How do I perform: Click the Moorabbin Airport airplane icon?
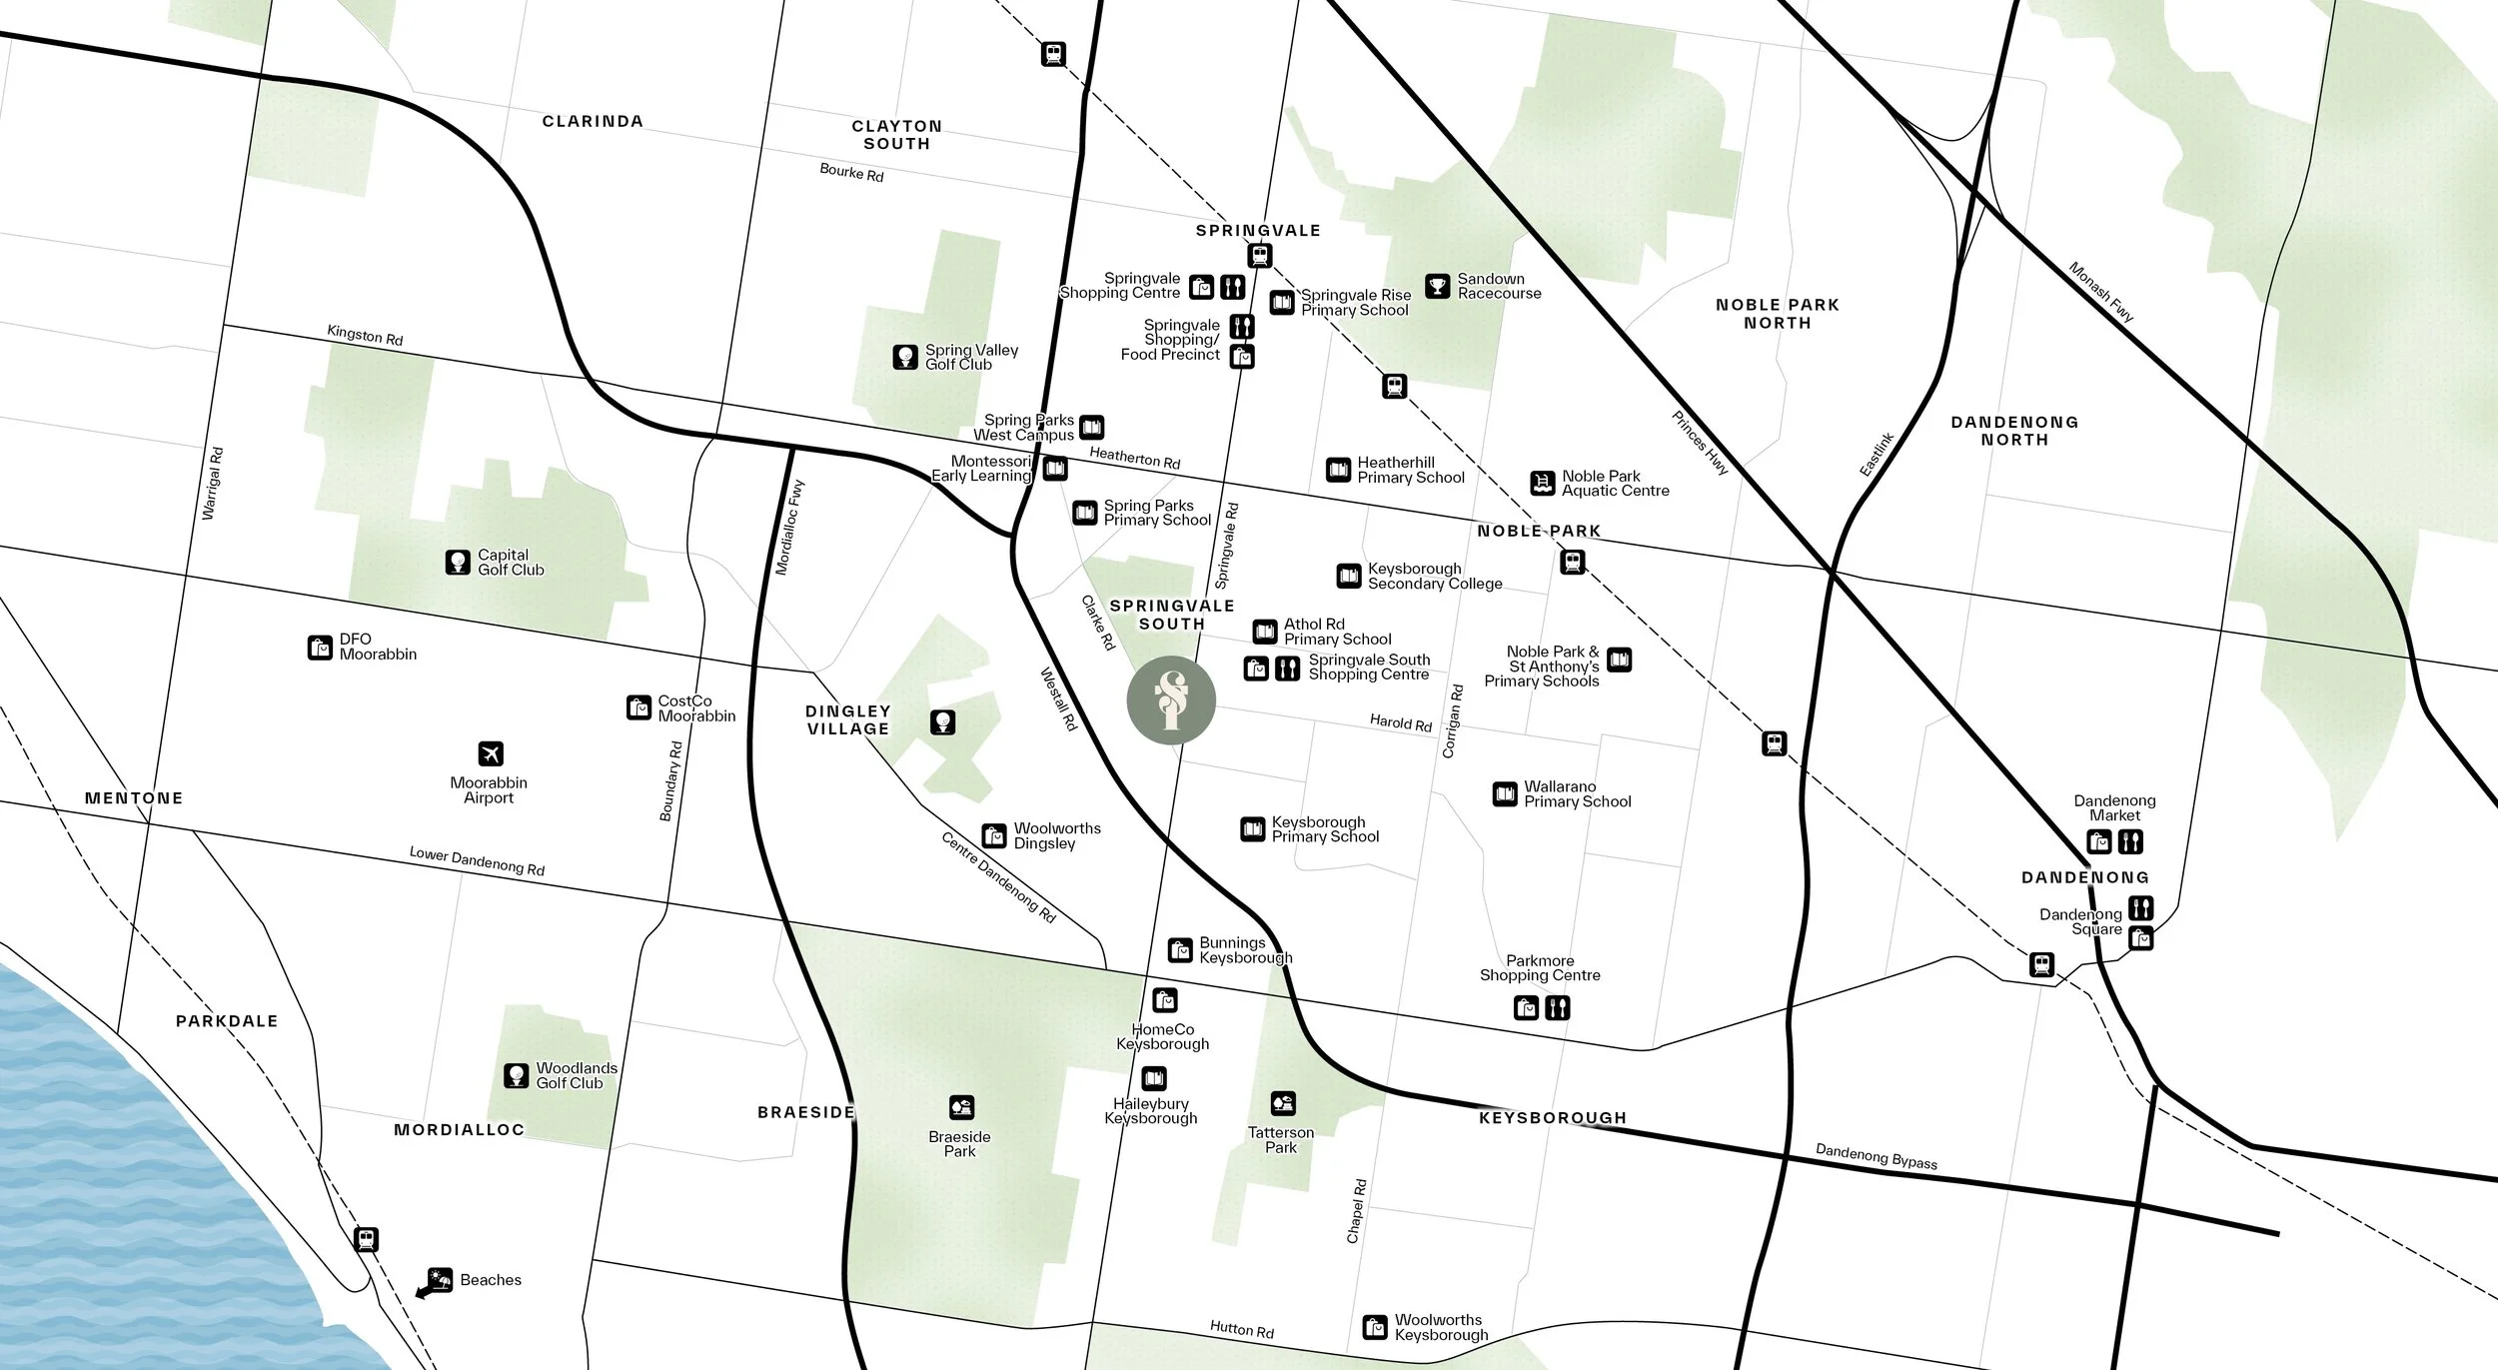490,753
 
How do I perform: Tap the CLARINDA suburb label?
593,121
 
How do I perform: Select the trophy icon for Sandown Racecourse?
1437,287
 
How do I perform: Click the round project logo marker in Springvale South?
1171,700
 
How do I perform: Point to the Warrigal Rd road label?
213,483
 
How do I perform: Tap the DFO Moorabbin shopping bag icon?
320,648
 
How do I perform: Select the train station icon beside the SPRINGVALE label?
1259,256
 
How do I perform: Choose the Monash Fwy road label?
2100,292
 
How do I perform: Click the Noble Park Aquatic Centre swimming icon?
1543,484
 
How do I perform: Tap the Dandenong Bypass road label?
1875,1157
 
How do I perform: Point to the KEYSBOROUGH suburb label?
1552,1118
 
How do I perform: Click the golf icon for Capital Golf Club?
458,563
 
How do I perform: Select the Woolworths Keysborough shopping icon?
1375,1328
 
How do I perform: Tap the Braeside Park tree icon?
961,1107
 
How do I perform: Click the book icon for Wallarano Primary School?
1505,794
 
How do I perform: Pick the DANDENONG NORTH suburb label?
2014,431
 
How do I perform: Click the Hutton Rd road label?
1241,1329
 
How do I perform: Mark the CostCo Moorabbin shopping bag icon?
638,708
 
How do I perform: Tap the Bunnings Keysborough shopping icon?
1180,950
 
